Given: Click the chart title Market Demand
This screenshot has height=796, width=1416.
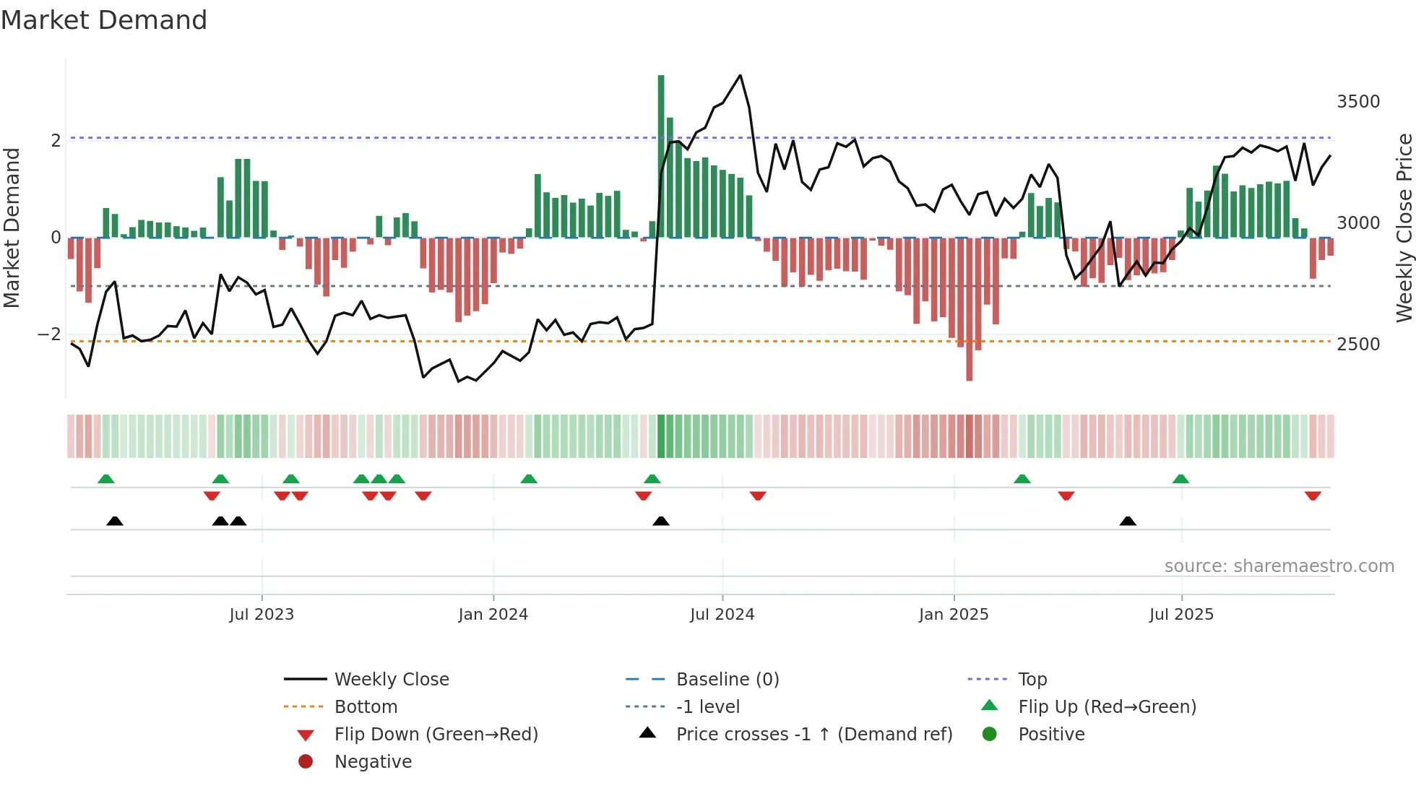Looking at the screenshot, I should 104,20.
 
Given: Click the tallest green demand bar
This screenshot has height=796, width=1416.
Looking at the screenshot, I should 661,155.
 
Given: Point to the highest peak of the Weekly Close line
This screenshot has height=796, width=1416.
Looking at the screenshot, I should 740,75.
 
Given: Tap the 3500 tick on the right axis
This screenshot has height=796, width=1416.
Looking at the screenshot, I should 1358,102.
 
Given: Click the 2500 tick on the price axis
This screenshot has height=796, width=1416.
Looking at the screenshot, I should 1358,345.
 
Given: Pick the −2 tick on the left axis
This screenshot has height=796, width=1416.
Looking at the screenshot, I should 49,334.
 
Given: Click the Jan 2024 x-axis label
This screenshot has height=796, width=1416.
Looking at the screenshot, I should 493,615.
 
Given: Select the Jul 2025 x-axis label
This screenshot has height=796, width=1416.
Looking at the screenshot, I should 1181,615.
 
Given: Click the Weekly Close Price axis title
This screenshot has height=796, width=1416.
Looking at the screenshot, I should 1404,228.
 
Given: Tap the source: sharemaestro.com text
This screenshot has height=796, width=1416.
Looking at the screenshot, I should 1279,566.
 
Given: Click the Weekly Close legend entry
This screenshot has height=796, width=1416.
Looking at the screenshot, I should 391,680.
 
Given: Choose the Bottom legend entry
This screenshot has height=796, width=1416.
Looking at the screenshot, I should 366,707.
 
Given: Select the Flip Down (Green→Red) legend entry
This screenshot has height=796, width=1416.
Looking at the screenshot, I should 436,735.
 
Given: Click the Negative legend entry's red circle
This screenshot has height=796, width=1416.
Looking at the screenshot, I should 306,762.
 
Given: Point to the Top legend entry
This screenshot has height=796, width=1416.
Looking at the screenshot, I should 1032,680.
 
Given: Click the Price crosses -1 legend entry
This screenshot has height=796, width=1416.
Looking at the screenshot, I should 813,735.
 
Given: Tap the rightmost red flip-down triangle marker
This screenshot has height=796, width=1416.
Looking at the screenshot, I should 1313,496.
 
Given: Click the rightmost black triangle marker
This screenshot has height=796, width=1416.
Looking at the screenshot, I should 1128,522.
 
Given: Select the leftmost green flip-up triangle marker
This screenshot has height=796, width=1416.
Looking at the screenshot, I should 106,479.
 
